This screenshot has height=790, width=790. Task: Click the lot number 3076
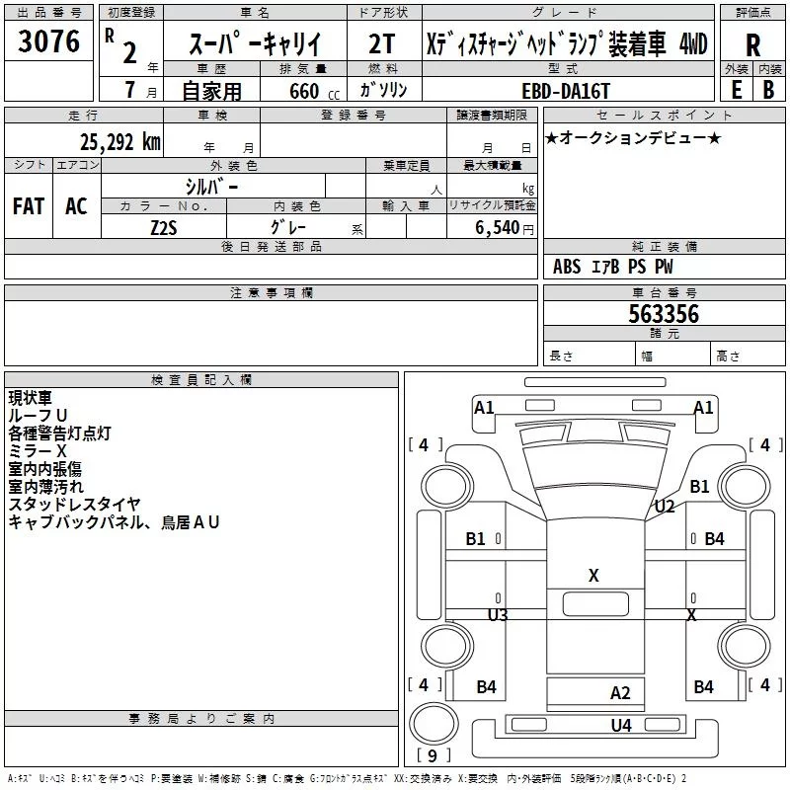(x=48, y=42)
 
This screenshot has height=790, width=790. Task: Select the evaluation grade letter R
(x=753, y=45)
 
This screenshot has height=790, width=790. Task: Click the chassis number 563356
(x=664, y=314)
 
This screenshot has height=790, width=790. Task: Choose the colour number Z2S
(x=163, y=226)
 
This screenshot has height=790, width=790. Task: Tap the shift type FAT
(x=29, y=205)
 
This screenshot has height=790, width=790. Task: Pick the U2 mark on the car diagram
(x=665, y=507)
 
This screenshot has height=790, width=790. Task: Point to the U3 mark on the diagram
(x=498, y=615)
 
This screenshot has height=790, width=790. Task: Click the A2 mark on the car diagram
(x=620, y=693)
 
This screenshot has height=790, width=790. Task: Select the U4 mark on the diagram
(x=620, y=726)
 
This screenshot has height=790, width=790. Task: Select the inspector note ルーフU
(x=38, y=416)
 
